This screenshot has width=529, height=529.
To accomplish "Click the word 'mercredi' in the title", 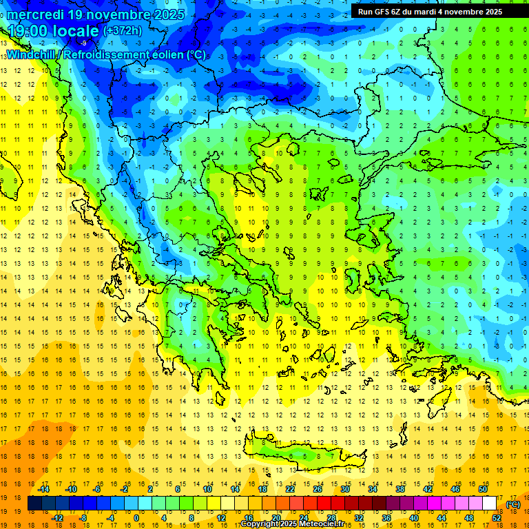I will [37, 14].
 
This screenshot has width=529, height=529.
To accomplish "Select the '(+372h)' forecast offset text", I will [123, 31].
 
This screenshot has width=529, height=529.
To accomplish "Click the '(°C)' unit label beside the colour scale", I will [513, 504].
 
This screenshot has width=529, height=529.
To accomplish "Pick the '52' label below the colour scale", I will [497, 517].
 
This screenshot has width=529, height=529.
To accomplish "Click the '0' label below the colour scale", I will [136, 517].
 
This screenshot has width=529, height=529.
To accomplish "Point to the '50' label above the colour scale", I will [483, 489].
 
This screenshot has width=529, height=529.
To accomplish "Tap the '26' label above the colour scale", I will [318, 489].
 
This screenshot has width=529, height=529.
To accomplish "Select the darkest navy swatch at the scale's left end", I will [34, 504].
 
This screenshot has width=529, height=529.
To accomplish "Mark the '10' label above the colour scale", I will [207, 489].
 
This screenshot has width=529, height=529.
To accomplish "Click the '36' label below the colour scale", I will [386, 517].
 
